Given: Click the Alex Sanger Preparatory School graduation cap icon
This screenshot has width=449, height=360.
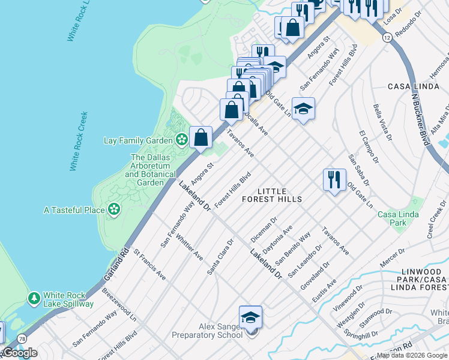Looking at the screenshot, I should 250,317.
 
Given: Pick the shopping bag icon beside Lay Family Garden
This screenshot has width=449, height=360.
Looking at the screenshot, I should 201,137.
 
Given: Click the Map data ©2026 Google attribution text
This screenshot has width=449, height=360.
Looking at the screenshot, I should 412,355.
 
